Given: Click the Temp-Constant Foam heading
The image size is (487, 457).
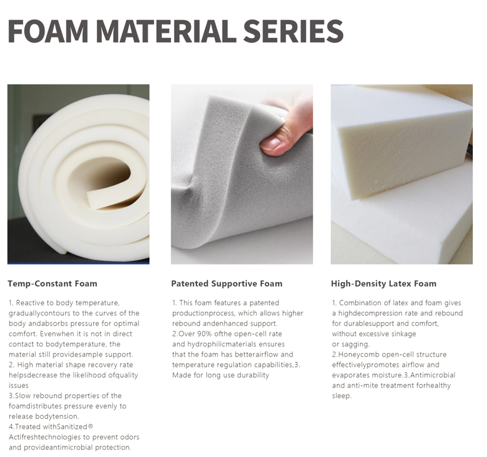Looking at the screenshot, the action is (52, 283).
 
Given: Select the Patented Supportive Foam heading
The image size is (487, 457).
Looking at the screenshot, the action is (227, 284).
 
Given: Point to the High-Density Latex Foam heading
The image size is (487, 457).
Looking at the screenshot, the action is (384, 284).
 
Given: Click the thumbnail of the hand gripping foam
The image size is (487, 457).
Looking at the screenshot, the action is (242, 174).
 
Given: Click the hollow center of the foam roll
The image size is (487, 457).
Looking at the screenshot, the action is (102, 177).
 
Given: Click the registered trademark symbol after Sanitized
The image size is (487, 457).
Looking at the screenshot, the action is (90, 426).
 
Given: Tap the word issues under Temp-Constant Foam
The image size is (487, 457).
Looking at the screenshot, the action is (18, 385).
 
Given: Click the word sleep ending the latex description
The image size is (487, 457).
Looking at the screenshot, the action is (341, 396).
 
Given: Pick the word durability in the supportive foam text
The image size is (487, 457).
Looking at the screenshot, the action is (253, 375).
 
